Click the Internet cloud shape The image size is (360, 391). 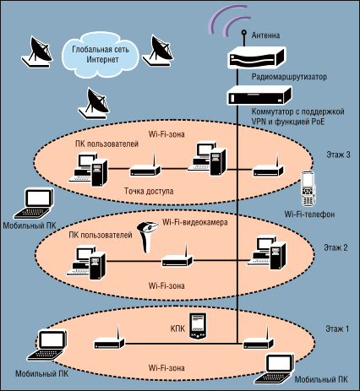(100, 55)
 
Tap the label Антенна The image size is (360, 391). (265, 35)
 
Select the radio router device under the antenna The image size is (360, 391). (256, 57)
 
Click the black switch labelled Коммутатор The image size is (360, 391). (259, 95)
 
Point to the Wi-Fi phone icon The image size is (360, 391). (308, 188)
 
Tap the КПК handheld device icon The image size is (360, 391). (198, 326)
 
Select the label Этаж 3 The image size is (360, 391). (338, 155)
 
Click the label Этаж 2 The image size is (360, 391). (335, 247)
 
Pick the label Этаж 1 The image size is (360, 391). (337, 329)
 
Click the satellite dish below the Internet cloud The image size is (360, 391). (94, 103)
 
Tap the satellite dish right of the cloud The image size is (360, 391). (158, 51)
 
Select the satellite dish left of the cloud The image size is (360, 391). (37, 52)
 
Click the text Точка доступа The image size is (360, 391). (149, 191)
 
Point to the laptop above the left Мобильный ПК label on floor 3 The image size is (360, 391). (35, 204)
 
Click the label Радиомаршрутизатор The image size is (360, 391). (289, 77)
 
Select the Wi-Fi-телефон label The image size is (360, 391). (309, 215)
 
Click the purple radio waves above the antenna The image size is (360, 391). (228, 20)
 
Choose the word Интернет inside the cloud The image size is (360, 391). (102, 60)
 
